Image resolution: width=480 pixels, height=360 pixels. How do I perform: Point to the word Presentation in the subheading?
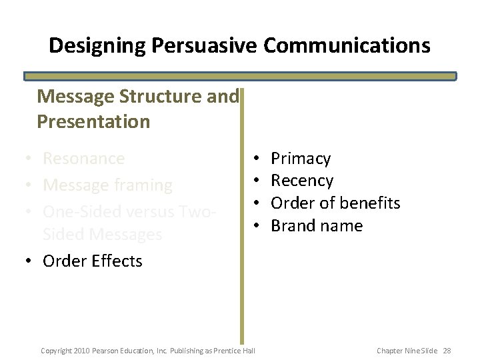pos(93,122)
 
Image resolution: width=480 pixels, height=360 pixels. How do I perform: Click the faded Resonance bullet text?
pos(83,159)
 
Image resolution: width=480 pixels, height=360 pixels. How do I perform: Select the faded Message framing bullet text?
pos(107,185)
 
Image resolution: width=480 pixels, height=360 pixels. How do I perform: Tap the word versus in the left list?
pos(149,211)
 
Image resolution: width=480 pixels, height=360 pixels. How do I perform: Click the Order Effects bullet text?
pos(92,261)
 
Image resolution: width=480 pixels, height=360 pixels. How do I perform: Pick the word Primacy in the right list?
pos(301,159)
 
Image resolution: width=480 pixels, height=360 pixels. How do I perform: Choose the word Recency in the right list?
pos(302,181)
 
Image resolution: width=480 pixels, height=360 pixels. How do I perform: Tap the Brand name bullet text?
pos(317,226)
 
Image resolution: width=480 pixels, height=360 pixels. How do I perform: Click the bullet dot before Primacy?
pos(257,159)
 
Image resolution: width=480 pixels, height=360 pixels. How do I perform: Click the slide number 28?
pos(447,351)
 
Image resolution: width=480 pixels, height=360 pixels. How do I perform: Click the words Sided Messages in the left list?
pos(102,235)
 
